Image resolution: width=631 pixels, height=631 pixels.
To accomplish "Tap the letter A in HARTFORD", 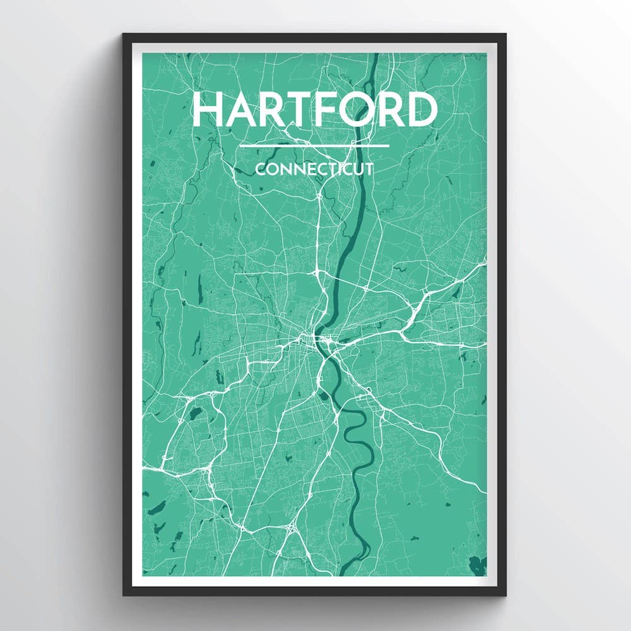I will [x=243, y=110].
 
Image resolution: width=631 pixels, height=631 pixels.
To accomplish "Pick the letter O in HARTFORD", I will [x=367, y=110].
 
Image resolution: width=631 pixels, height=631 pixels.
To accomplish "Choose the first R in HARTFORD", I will [x=276, y=110].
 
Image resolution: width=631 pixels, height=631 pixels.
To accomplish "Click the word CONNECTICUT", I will [x=314, y=169].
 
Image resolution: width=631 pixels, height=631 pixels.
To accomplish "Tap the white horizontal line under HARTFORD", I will [x=314, y=146].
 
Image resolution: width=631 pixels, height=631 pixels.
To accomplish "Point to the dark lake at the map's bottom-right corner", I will [x=478, y=565].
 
